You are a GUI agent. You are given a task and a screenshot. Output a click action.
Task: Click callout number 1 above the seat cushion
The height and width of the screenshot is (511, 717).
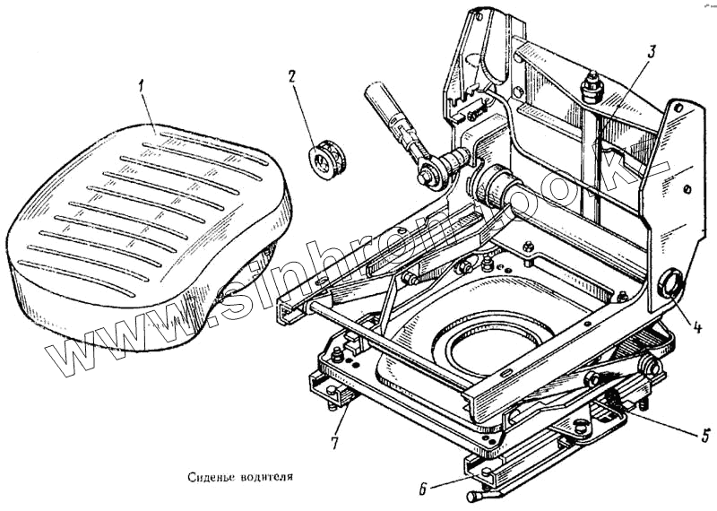click(x=141, y=88)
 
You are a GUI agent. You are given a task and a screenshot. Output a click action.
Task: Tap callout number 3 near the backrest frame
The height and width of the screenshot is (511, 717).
click(x=652, y=51)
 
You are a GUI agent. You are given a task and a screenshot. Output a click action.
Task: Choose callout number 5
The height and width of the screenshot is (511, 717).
click(x=705, y=437)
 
